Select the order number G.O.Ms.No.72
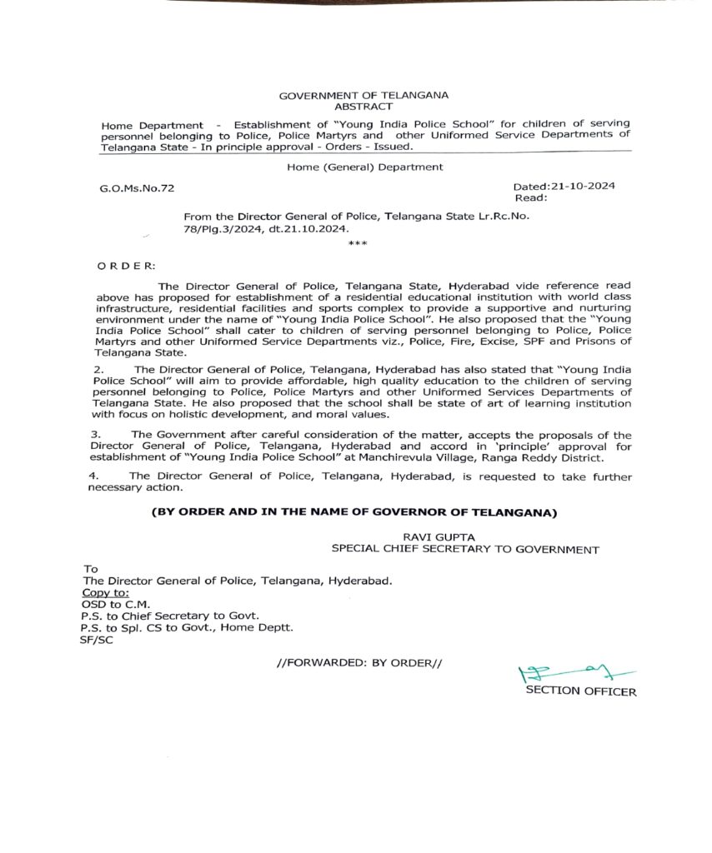(138, 190)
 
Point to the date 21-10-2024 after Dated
(583, 187)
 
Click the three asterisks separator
(357, 242)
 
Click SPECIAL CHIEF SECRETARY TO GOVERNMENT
(465, 549)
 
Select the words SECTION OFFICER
(580, 691)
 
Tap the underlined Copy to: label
(106, 591)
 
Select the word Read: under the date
(531, 198)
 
